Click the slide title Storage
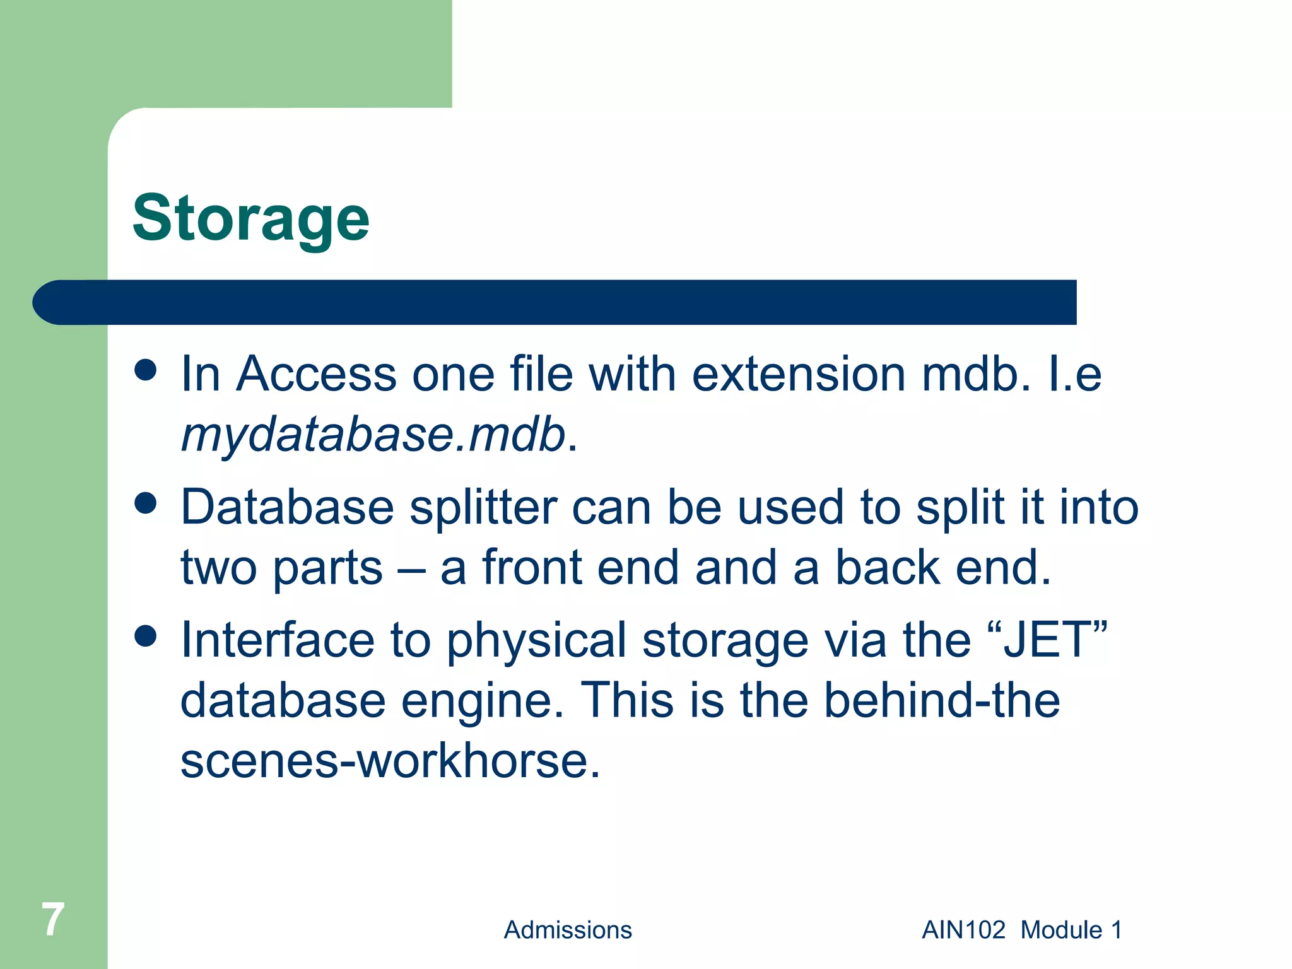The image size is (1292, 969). point(250,220)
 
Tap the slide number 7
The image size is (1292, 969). point(53,919)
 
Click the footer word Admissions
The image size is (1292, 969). point(567,930)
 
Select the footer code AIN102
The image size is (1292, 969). point(963,930)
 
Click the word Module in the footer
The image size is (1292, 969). point(1061,930)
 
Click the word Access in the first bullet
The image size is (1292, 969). point(316,374)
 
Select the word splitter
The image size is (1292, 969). point(483,507)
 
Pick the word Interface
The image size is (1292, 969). point(278,640)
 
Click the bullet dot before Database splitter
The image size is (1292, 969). point(146,503)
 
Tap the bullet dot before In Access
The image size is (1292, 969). point(146,370)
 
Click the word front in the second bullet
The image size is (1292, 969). point(531,568)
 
